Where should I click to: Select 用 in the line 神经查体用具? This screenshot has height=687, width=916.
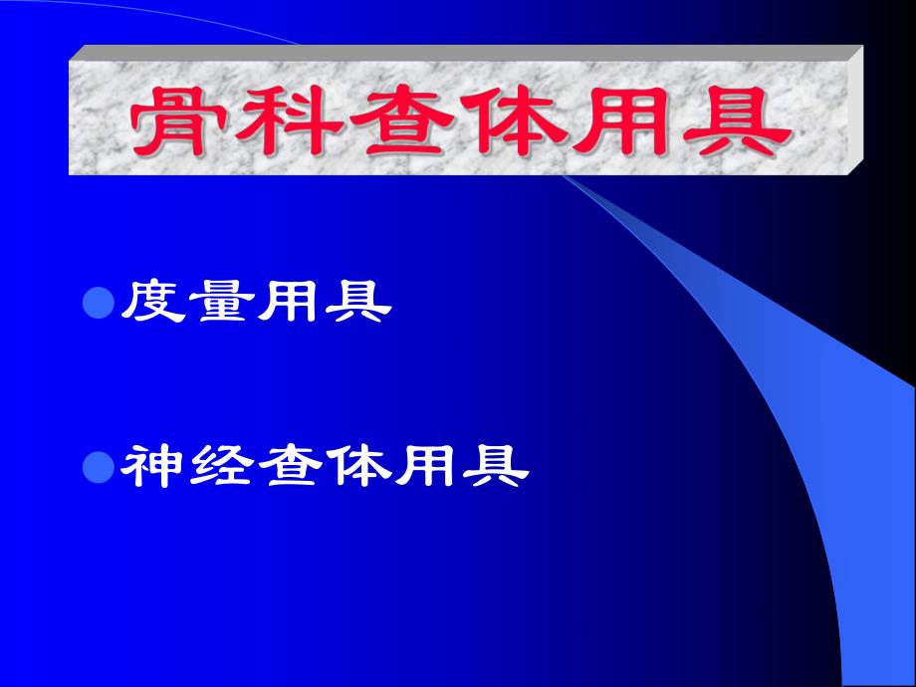(425, 465)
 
